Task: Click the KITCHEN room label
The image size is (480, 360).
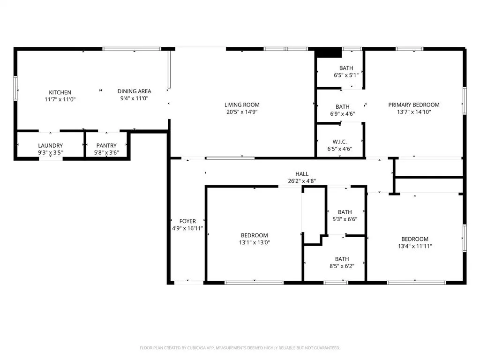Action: point(60,92)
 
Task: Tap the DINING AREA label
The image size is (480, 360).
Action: point(135,91)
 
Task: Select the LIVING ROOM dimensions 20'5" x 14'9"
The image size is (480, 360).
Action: point(242,112)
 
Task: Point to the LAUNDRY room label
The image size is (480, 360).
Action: point(51,145)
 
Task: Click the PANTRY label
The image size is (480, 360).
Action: point(106,145)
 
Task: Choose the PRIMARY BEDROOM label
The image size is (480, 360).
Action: point(414,105)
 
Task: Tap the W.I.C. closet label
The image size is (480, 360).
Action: point(340,142)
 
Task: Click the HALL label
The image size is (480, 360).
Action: point(302,174)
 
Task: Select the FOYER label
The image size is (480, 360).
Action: point(187,221)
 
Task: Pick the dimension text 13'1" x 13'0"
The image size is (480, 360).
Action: point(255,242)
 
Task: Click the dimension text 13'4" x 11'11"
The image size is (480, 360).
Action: point(415,246)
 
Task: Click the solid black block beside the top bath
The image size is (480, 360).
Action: point(329,52)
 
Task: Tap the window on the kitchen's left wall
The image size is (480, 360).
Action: point(15,89)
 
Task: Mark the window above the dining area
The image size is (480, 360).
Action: point(132,49)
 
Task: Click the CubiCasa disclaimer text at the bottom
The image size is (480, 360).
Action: point(240,348)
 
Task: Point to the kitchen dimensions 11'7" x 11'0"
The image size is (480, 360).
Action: point(60,99)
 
